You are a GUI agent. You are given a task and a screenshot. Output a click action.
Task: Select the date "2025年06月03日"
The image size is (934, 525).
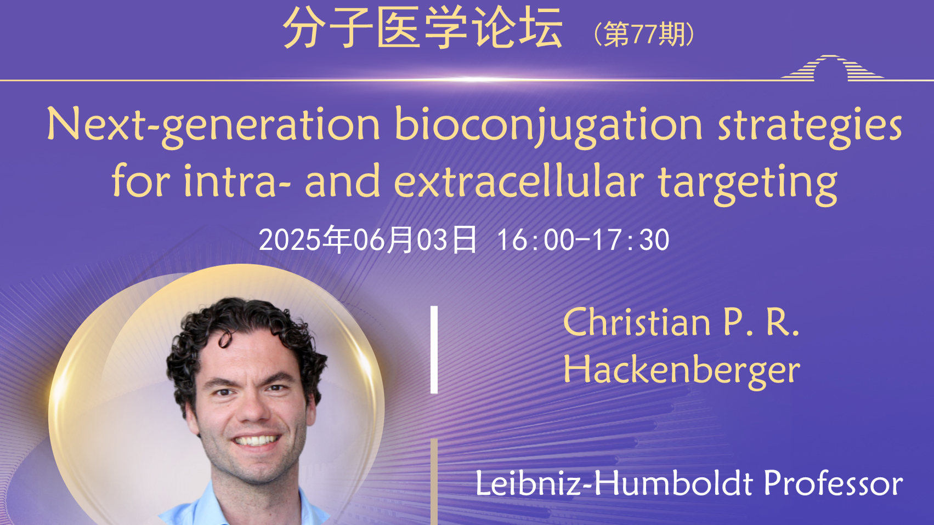(x=367, y=239)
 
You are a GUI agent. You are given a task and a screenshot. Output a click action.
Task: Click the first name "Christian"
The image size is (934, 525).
(x=636, y=322)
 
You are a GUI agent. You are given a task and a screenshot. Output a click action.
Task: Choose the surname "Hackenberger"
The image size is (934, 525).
(x=682, y=371)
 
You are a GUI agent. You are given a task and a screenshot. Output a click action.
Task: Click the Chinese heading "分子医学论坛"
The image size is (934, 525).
(x=423, y=27)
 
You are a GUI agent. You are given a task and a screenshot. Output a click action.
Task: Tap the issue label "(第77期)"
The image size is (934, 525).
(x=644, y=34)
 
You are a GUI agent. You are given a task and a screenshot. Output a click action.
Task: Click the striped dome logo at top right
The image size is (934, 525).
(x=832, y=67)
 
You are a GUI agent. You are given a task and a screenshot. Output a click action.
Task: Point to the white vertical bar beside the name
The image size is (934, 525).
(x=434, y=350)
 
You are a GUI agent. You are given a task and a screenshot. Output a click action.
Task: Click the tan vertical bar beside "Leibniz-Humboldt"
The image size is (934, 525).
(x=434, y=482)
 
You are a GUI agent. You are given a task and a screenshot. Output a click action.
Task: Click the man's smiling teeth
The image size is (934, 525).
(x=256, y=441)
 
